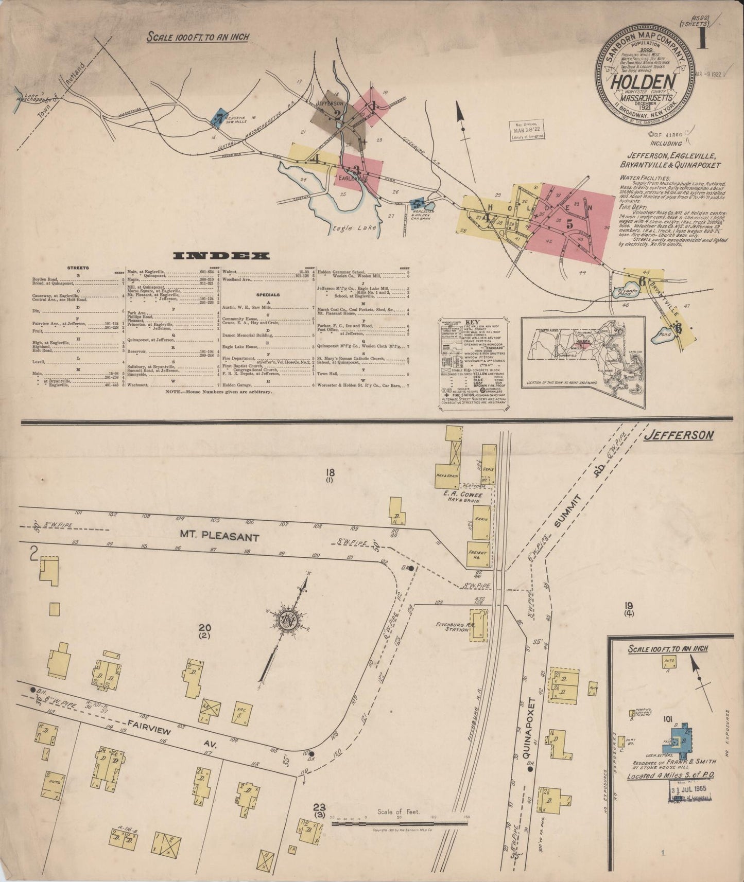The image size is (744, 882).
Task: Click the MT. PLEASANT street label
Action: (x=219, y=537)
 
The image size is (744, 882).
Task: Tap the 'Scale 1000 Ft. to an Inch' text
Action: (x=198, y=37)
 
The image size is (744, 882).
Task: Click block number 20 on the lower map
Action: (x=205, y=627)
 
